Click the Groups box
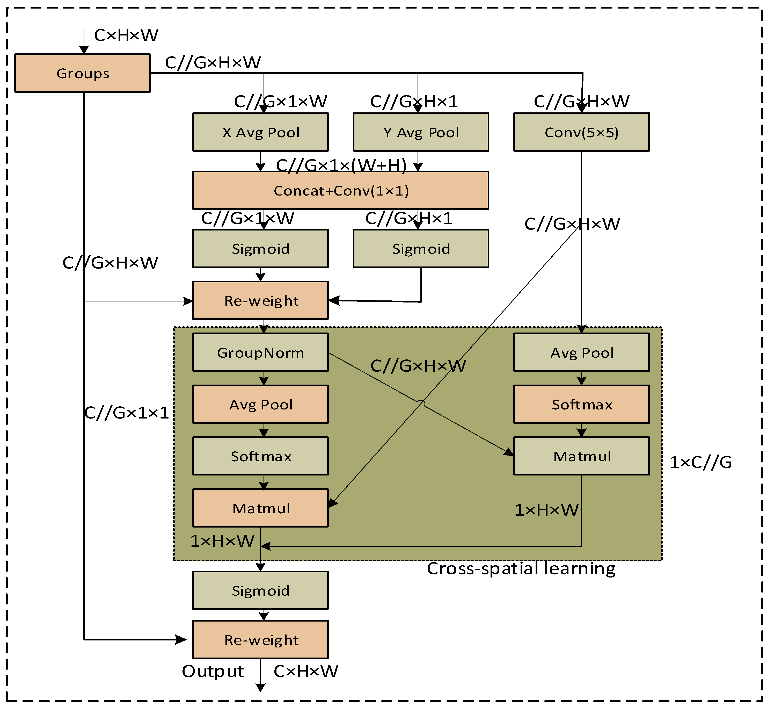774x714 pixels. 82,73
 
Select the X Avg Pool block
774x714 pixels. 260,132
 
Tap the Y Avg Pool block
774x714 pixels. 421,132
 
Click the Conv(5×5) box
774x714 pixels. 581,132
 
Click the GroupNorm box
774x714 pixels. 260,352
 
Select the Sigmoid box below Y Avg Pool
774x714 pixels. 421,248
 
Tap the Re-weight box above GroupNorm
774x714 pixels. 260,300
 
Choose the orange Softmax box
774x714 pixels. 581,404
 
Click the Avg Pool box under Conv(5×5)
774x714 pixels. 581,352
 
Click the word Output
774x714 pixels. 213,671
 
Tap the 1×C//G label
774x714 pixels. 700,462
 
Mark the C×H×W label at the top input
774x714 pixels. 126,35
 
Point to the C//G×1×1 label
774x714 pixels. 127,413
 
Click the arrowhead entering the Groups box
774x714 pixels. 84,50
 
